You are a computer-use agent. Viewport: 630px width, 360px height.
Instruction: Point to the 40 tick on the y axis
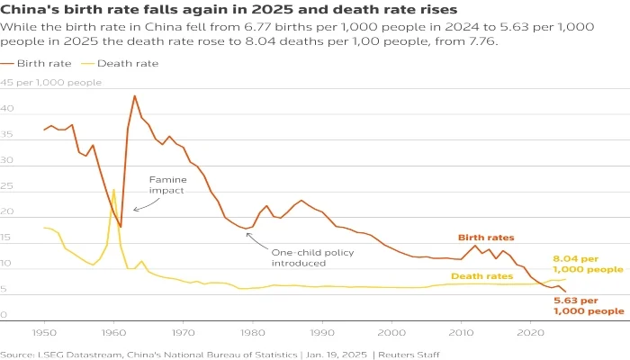coord(6,108)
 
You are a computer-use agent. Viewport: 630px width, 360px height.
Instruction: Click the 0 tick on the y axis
coord(4,316)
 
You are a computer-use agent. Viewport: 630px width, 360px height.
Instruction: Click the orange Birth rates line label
coord(486,238)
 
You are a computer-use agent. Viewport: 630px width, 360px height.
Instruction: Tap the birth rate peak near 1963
coord(134,95)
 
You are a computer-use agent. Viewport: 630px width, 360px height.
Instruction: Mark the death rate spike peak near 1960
coord(113,190)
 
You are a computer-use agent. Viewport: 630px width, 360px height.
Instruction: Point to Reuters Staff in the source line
coord(411,354)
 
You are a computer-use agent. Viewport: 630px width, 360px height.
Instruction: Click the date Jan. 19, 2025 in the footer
coord(331,354)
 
